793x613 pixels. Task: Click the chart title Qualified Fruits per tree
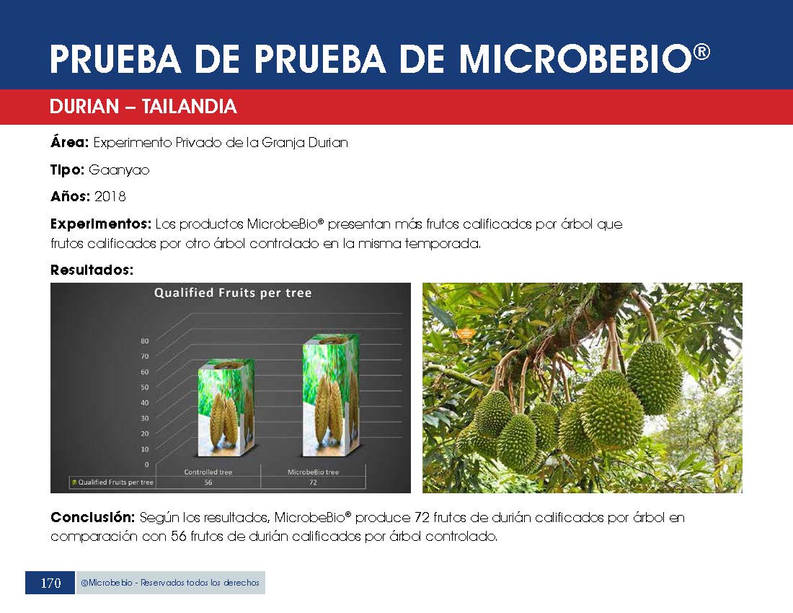tap(233, 293)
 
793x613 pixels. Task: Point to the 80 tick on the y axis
tap(145, 341)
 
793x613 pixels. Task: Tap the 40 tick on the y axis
tap(145, 402)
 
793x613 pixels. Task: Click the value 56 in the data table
tap(208, 482)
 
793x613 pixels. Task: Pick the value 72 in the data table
tap(313, 482)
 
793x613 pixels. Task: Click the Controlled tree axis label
tap(208, 472)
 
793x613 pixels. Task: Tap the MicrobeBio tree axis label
tap(313, 472)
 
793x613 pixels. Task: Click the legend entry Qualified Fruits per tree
tap(112, 482)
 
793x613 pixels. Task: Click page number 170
tap(50, 583)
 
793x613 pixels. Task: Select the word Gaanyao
tap(119, 170)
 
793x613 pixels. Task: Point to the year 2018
tap(110, 196)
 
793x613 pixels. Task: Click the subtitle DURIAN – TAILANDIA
tap(143, 106)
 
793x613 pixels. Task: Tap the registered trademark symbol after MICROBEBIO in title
tap(701, 52)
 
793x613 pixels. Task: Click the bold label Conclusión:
tap(92, 517)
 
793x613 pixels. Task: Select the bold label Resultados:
tap(92, 270)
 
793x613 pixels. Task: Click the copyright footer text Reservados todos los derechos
tap(200, 583)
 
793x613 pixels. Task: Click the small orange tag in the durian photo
tap(465, 333)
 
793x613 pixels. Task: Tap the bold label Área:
tap(69, 142)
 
